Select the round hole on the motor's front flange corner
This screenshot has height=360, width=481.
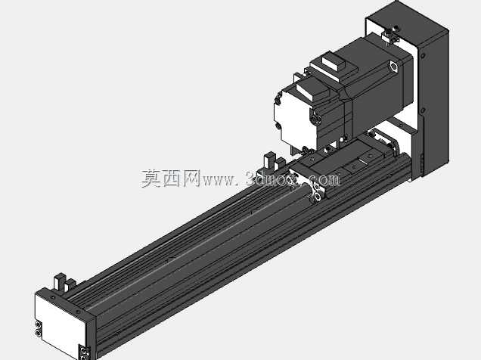pyautogui.click(x=393, y=67)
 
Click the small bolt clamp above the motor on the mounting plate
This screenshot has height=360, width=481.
pyautogui.click(x=389, y=36)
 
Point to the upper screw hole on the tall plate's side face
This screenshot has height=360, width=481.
pyautogui.click(x=423, y=56)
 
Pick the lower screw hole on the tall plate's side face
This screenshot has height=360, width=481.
pyautogui.click(x=423, y=110)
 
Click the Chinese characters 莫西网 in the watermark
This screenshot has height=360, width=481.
pyautogui.click(x=171, y=178)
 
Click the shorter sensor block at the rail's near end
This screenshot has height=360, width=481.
pyautogui.click(x=70, y=284)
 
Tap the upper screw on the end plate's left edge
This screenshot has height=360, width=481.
pyautogui.click(x=38, y=324)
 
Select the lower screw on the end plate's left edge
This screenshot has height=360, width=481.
pyautogui.click(x=38, y=332)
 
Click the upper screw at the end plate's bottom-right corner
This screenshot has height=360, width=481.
pyautogui.click(x=83, y=350)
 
